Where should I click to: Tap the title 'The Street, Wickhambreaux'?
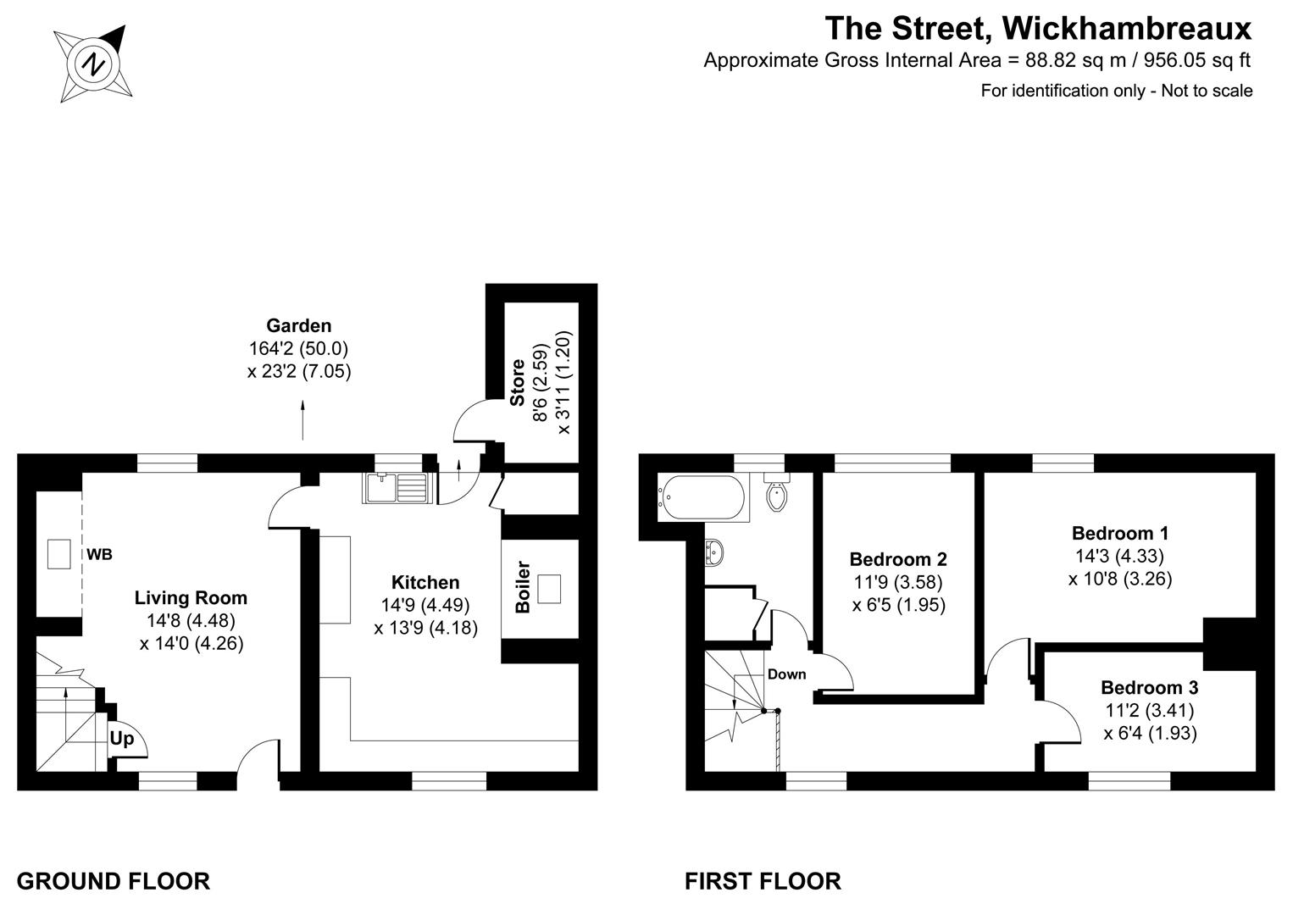click(1038, 28)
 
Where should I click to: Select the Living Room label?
click(191, 597)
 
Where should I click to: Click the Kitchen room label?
click(425, 582)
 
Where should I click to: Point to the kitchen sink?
click(397, 489)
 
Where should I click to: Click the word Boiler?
click(523, 587)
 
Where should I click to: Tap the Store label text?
click(517, 383)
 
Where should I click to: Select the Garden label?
click(298, 325)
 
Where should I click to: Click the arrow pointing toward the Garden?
click(303, 419)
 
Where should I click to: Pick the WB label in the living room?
click(99, 555)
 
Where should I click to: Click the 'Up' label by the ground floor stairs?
click(122, 739)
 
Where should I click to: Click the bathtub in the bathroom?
click(703, 496)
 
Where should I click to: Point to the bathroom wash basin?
click(714, 552)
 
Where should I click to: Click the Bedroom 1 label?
click(1120, 533)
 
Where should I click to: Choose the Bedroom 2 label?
click(898, 559)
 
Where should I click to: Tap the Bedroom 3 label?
click(1149, 687)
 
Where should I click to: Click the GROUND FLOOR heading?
click(113, 881)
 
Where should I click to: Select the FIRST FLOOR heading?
click(763, 881)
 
